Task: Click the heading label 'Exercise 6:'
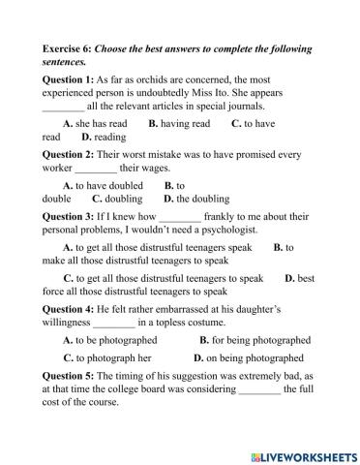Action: [67, 47]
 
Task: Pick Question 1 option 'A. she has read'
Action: [95, 124]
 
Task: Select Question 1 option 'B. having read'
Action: [179, 124]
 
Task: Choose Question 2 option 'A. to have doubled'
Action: [103, 184]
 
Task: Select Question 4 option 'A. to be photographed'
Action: [109, 340]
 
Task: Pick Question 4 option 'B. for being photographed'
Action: [255, 340]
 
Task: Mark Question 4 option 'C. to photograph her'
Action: [106, 356]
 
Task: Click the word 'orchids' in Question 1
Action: [157, 77]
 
